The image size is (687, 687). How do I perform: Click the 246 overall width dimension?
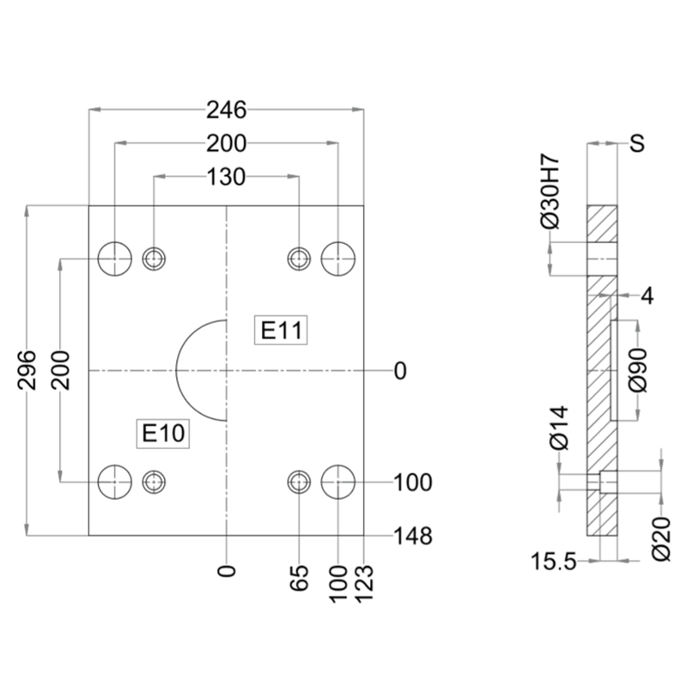(227, 109)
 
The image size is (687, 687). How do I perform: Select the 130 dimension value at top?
(226, 177)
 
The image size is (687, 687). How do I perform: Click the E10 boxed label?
(163, 434)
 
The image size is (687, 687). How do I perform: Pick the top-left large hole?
(114, 258)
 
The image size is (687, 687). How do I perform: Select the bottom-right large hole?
(338, 483)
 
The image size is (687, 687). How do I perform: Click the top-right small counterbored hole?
(299, 258)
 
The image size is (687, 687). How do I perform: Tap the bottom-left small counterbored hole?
(155, 483)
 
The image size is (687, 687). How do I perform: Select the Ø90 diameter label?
(636, 369)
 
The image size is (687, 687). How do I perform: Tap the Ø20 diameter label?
(661, 537)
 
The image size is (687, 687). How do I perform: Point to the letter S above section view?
(636, 143)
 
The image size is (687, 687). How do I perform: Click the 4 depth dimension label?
(647, 296)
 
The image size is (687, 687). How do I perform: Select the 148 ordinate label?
(412, 536)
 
